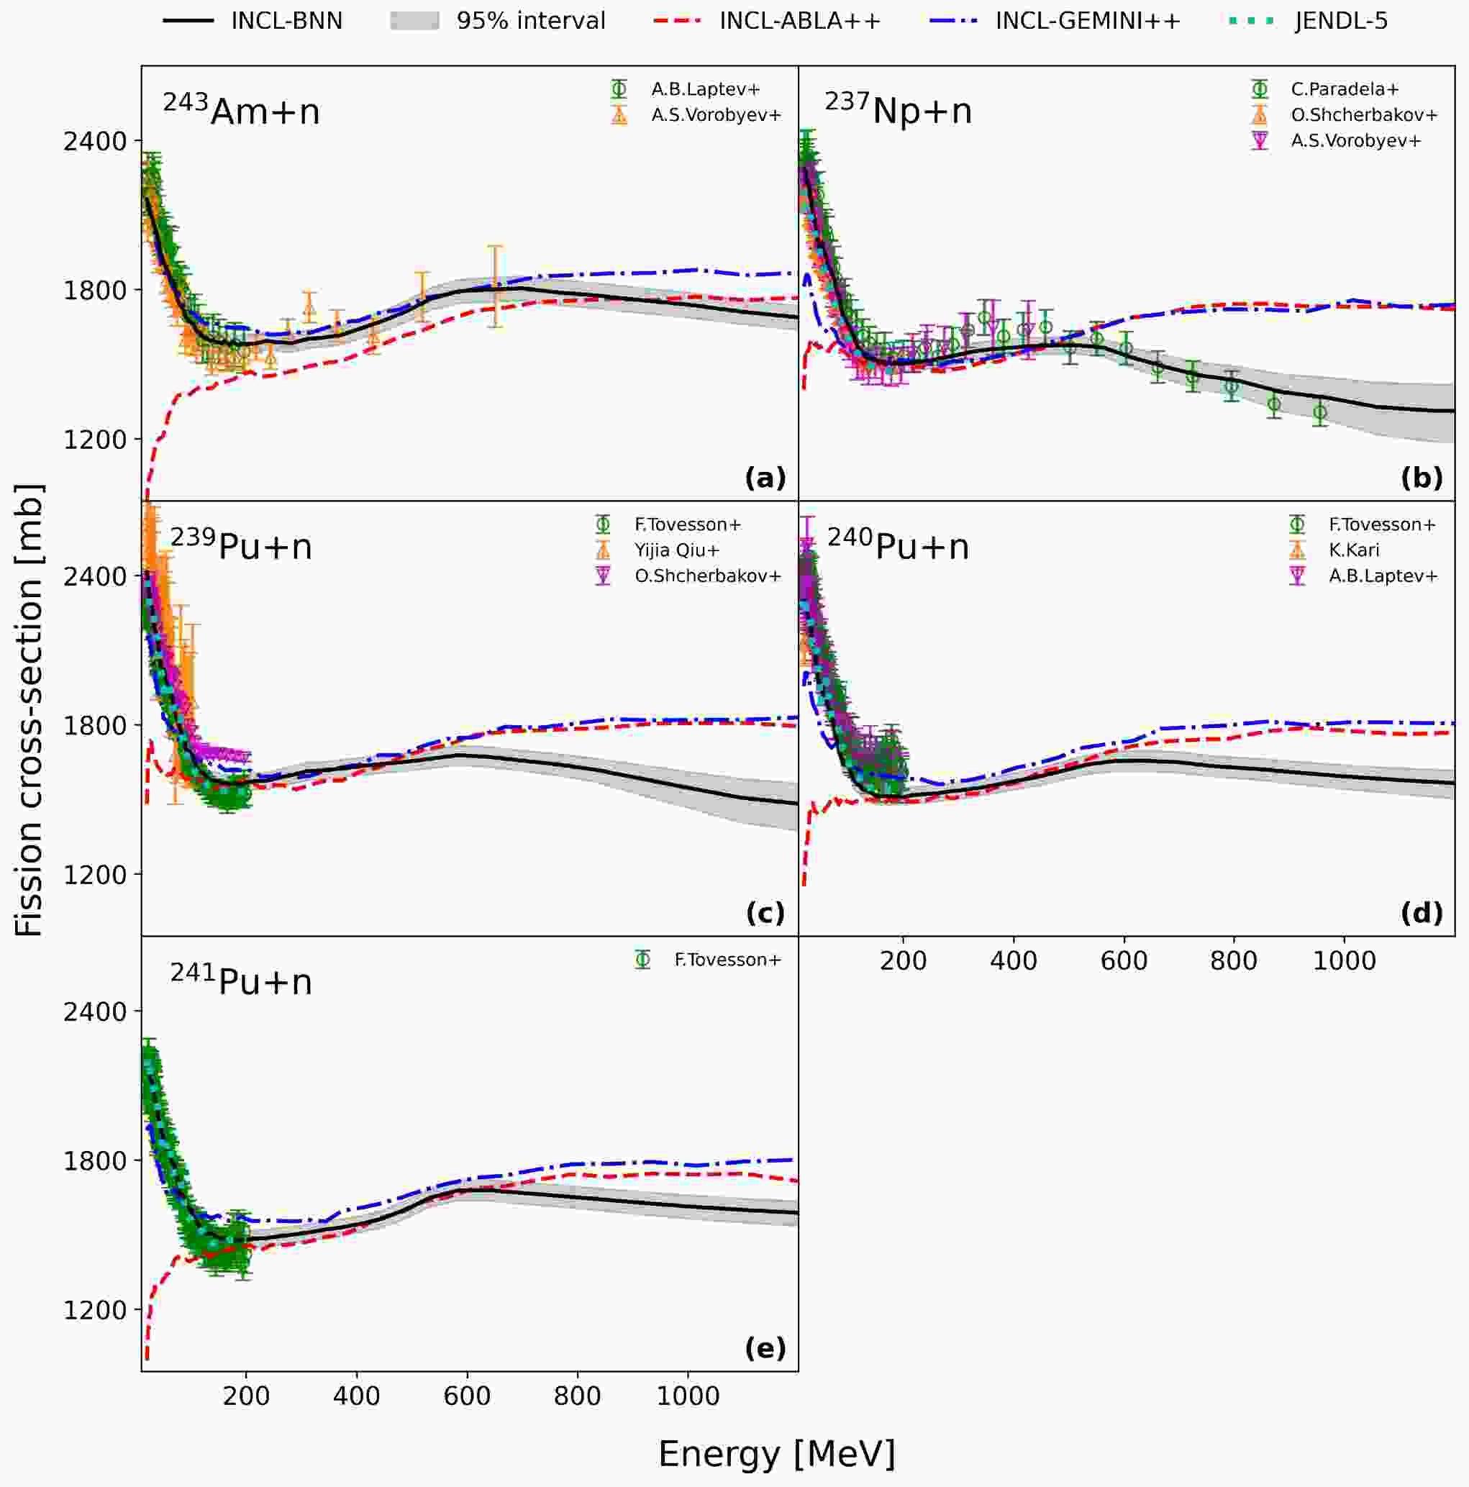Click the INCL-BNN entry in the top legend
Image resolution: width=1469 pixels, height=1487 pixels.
[x=253, y=21]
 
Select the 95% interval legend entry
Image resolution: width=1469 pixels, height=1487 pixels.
[x=498, y=21]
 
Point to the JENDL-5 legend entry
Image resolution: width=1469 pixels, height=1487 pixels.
[x=1308, y=21]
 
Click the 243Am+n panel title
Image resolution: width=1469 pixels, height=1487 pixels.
[x=241, y=109]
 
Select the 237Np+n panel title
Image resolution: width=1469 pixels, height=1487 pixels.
[x=898, y=109]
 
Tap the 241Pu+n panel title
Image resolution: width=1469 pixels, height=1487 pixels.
[x=241, y=981]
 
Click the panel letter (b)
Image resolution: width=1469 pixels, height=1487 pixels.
[x=1422, y=478]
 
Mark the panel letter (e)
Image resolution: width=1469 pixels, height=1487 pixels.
[x=765, y=1348]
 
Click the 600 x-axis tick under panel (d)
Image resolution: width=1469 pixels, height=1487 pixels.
[x=1124, y=961]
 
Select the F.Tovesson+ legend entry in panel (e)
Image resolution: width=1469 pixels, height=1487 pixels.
[x=708, y=960]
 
